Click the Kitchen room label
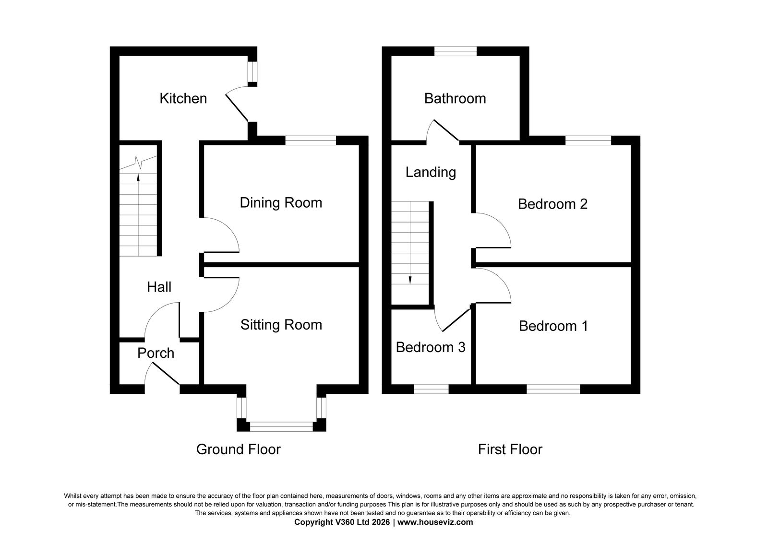point(183,99)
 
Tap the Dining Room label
point(281,203)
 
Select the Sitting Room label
point(281,325)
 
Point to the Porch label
point(156,353)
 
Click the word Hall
point(159,287)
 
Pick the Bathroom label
point(455,99)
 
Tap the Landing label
point(431,172)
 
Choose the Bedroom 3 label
point(431,347)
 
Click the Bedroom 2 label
point(552,204)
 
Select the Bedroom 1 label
point(553,326)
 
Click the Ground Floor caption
point(238,449)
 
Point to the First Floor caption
point(510,449)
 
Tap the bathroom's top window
point(456,51)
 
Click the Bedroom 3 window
point(432,389)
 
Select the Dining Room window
point(311,141)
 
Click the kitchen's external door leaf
point(237,107)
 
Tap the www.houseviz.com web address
point(435,522)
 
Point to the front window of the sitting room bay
point(281,426)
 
